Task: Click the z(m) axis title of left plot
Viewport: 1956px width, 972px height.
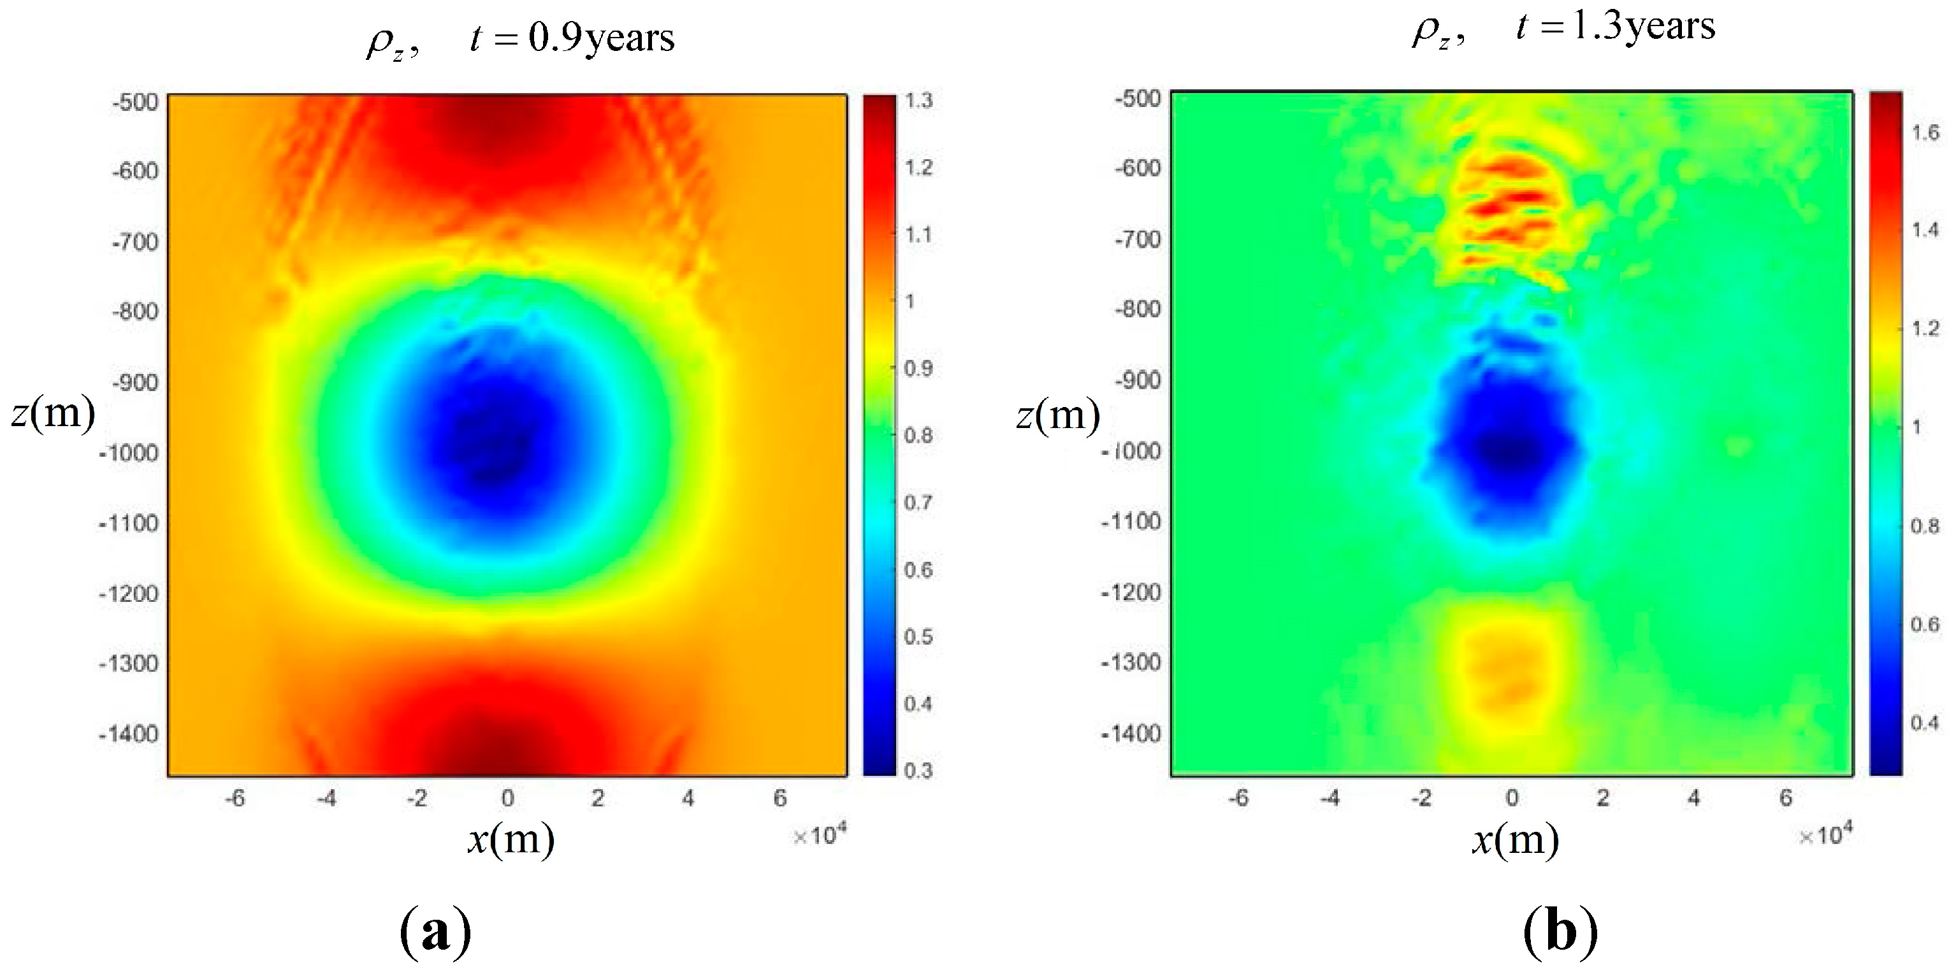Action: point(53,413)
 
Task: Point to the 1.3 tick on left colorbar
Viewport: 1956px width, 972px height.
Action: point(919,101)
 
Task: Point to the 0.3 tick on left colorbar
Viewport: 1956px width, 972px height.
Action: point(919,771)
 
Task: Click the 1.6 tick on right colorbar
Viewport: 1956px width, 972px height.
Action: point(1925,132)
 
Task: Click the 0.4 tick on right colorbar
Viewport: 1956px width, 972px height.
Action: point(1925,722)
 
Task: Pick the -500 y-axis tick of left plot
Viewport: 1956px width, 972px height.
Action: point(135,103)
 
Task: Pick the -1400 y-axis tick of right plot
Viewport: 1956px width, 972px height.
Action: point(1131,734)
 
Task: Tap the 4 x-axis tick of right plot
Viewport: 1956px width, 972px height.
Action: point(1694,798)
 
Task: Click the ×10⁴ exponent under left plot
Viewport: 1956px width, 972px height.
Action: point(820,836)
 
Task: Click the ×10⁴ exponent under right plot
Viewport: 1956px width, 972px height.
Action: point(1825,836)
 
